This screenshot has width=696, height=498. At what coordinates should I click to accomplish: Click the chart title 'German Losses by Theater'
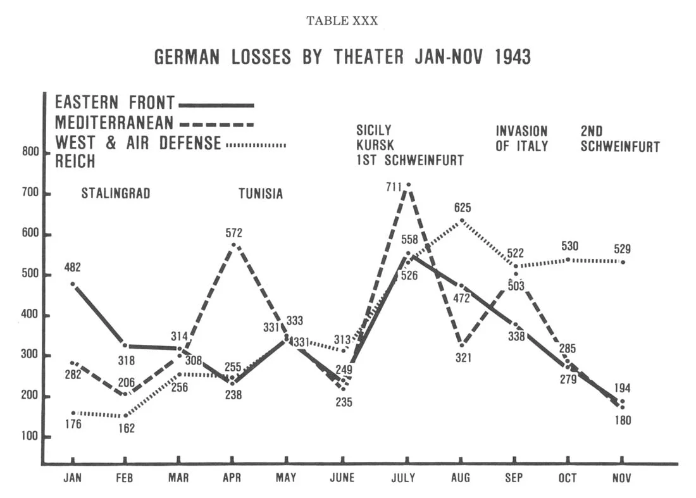[342, 58]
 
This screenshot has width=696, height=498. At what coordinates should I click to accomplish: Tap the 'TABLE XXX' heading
[342, 21]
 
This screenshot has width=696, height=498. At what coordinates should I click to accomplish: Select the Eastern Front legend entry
[154, 103]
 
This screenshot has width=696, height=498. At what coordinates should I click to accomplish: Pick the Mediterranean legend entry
[154, 122]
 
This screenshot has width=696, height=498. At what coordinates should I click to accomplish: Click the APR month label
[232, 478]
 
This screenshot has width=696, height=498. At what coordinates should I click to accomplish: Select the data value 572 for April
[233, 233]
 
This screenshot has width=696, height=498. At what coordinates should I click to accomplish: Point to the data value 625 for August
[462, 208]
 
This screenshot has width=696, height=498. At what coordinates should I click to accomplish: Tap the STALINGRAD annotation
[116, 194]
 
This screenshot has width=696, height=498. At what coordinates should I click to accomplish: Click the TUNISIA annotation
[261, 194]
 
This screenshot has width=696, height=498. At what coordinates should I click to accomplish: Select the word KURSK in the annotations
[375, 146]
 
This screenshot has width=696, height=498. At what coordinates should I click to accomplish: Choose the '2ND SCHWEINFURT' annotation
[620, 139]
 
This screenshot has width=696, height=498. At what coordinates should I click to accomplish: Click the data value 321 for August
[463, 358]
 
